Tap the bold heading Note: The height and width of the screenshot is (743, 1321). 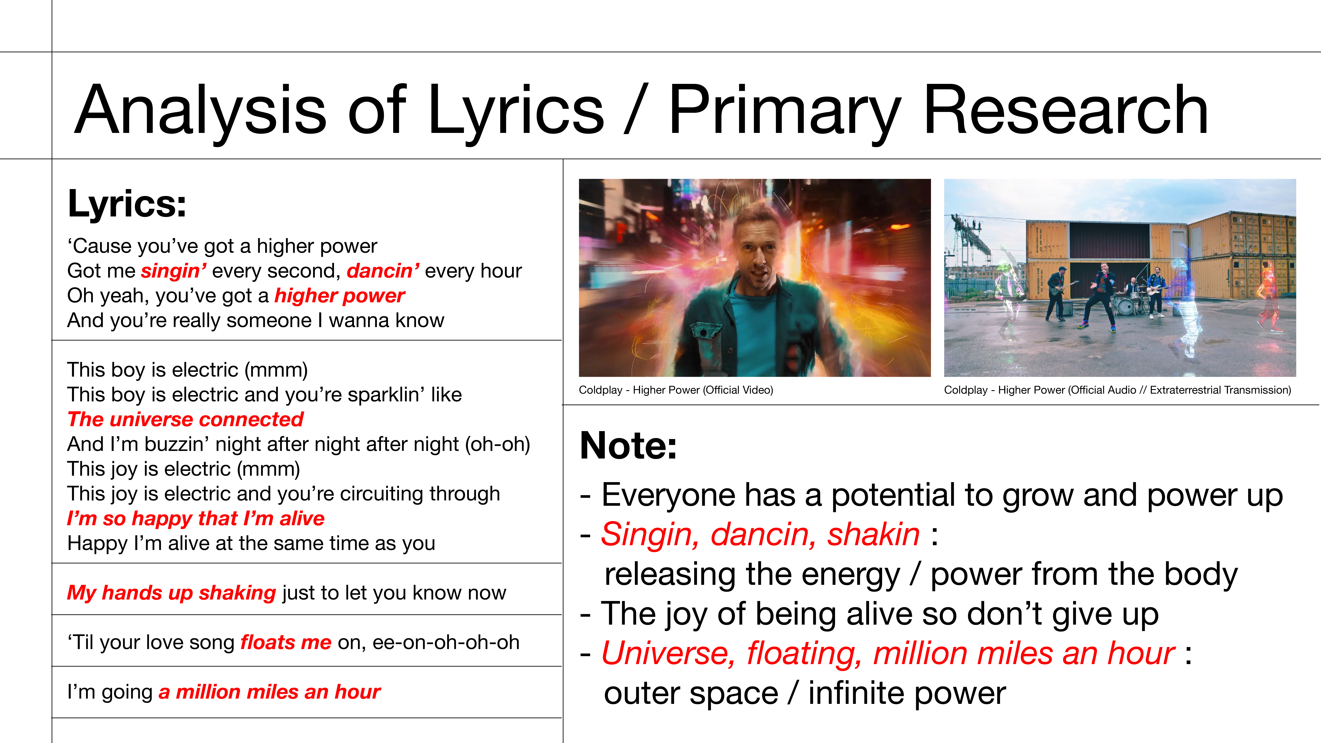point(628,446)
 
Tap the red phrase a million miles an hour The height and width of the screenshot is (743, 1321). point(269,692)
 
